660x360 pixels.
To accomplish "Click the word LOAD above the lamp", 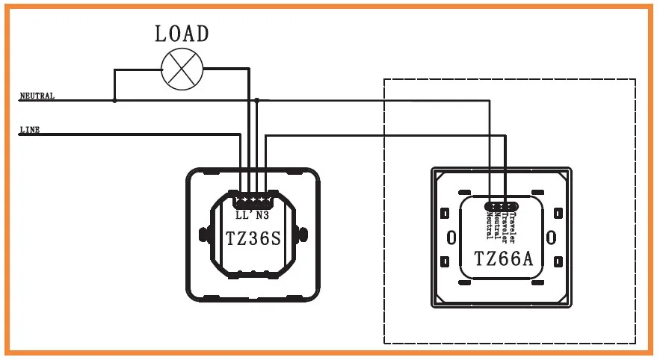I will click(x=182, y=34).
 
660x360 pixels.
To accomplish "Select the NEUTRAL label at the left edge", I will click(x=37, y=96).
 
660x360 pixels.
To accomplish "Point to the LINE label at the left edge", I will click(x=30, y=130).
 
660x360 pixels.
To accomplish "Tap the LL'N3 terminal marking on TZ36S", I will click(x=253, y=217).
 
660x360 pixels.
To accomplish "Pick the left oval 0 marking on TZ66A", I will click(x=451, y=238).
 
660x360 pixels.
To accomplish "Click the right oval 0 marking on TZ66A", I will click(x=552, y=238).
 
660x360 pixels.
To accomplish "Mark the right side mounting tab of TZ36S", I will click(x=304, y=236).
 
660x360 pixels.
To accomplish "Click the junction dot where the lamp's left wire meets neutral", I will click(x=114, y=99).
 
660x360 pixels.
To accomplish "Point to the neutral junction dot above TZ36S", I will click(x=256, y=99).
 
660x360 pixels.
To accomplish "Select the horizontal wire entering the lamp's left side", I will click(x=138, y=69).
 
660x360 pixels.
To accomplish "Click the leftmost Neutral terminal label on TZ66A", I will click(x=488, y=226).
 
